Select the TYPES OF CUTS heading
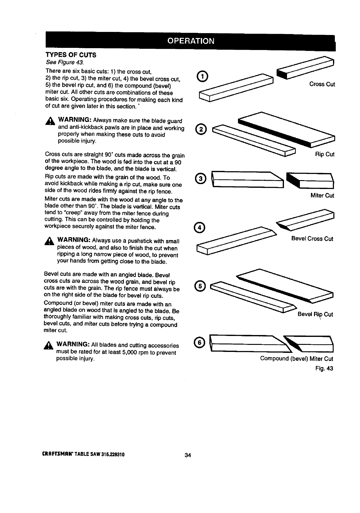pos(71,55)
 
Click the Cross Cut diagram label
pos(322,84)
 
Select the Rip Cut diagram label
pos(324,154)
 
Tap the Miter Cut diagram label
pos(322,195)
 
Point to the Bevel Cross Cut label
pos(312,239)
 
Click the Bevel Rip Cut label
pos(315,314)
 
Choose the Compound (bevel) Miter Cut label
pos(296,358)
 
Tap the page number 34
pos(188,455)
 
